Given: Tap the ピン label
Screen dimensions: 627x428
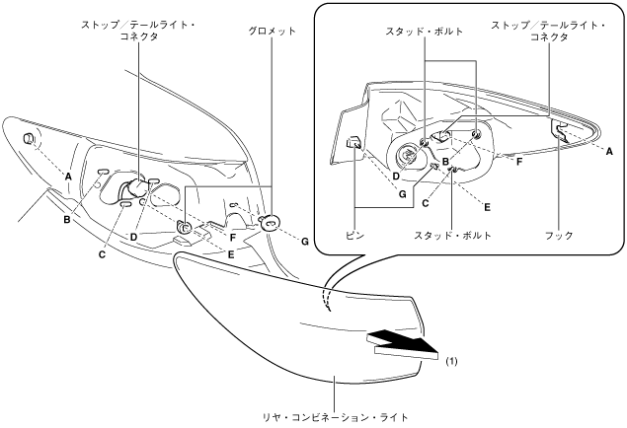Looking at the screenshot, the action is pyautogui.click(x=354, y=237).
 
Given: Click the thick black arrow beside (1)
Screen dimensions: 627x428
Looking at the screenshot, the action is pyautogui.click(x=404, y=343).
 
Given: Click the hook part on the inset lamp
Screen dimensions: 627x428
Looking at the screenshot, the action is pyautogui.click(x=561, y=131).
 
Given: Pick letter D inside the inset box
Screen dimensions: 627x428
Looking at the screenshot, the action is pyautogui.click(x=396, y=178).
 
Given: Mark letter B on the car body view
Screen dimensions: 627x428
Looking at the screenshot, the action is pyautogui.click(x=67, y=219).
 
